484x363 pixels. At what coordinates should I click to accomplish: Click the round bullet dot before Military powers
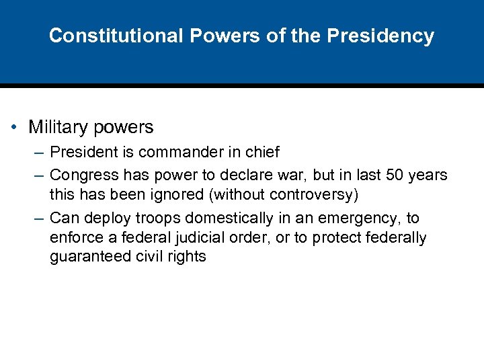(x=15, y=128)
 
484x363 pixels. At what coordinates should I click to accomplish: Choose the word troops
(x=157, y=218)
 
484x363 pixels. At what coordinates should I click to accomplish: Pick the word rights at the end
(x=188, y=257)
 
